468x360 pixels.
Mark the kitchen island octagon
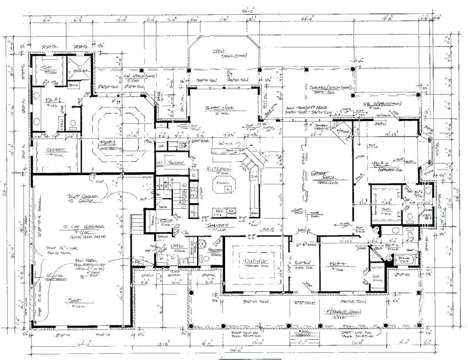[x=224, y=184]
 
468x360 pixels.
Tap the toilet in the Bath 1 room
[x=73, y=122]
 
